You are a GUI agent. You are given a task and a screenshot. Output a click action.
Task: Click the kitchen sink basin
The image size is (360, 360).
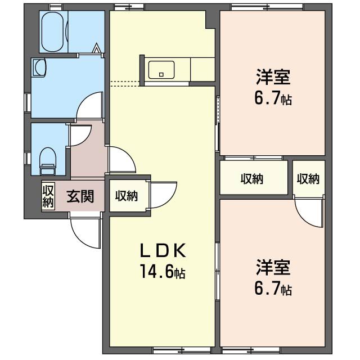(x=161, y=71)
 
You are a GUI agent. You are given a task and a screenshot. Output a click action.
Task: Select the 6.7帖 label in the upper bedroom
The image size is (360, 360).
(x=273, y=99)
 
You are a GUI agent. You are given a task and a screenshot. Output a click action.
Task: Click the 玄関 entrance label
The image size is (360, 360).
(x=80, y=196)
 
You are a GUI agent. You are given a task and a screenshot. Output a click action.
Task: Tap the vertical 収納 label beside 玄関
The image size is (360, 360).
(x=48, y=196)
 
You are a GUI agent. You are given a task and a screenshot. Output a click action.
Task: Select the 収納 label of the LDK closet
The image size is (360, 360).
(x=127, y=196)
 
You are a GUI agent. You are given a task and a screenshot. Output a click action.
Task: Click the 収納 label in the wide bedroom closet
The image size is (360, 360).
(x=252, y=179)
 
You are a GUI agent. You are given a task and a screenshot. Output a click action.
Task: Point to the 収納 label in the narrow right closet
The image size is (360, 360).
(x=308, y=179)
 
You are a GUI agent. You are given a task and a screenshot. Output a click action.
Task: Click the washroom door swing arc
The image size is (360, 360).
(x=90, y=105)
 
